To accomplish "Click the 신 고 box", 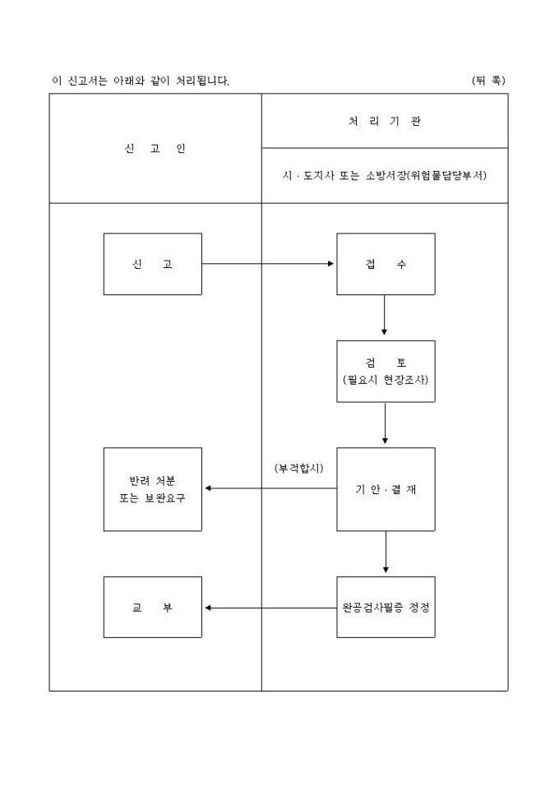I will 152,264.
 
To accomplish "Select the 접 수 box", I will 385,264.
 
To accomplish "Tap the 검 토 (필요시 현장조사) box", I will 385,371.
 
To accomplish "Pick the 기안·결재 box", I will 385,488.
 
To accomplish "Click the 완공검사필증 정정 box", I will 385,608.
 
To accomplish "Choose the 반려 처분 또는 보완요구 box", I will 152,488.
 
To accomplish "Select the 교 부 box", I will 152,608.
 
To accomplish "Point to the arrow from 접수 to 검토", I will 385,317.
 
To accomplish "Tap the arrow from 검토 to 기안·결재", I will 385,424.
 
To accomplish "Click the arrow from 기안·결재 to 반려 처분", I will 270,488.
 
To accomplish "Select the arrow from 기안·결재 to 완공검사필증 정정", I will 385,553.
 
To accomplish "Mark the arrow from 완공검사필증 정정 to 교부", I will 270,608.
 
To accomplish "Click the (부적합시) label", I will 299,468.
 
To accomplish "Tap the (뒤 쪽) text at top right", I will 488,81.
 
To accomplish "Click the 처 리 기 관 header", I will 385,121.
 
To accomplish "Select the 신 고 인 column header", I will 155,149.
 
